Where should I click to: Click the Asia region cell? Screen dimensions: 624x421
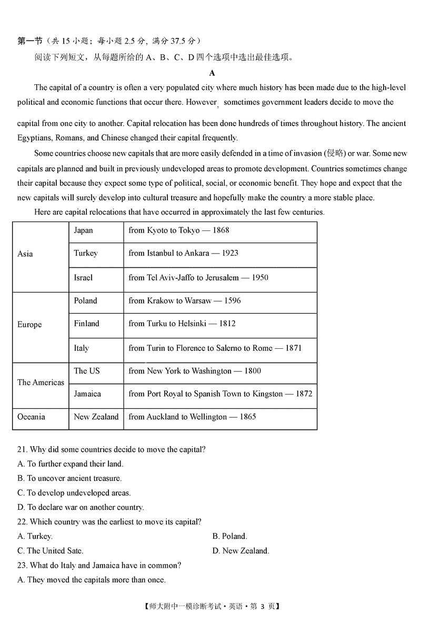click(25, 254)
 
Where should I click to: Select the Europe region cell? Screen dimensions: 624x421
click(29, 325)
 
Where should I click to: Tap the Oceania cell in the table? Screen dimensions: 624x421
click(31, 417)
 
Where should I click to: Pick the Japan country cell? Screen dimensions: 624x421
click(83, 230)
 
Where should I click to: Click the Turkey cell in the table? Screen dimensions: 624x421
click(86, 253)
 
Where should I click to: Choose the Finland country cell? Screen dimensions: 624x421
click(86, 324)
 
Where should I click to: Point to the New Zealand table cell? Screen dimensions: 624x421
click(96, 417)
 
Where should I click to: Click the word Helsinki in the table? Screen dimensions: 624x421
click(193, 324)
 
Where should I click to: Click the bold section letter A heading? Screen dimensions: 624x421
click(212, 73)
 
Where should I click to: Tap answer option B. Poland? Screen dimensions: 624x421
click(230, 536)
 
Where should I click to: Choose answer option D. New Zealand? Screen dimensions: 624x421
click(240, 551)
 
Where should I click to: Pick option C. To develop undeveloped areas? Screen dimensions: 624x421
click(74, 493)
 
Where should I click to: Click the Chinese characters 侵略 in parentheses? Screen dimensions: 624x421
click(335, 153)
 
